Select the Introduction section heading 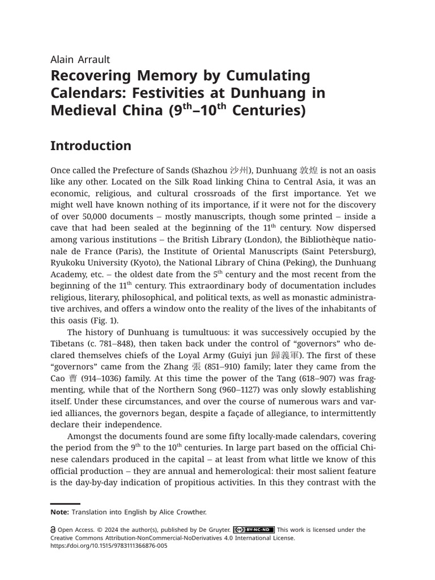(91, 146)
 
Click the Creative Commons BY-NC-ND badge (254, 530)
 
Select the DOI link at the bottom (109, 546)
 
